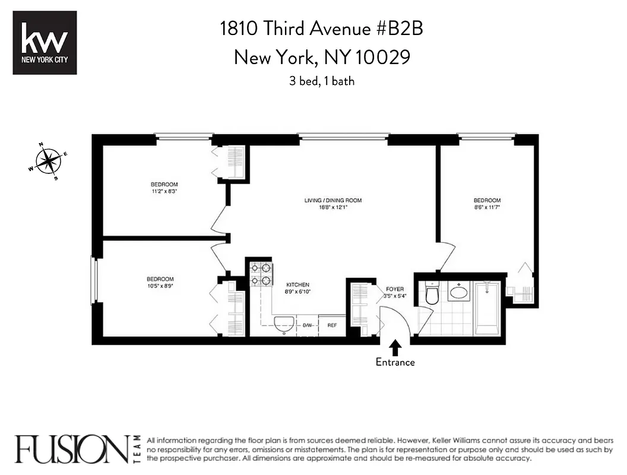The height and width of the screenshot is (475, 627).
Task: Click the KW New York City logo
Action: click(x=45, y=42)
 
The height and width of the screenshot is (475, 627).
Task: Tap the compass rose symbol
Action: click(x=48, y=160)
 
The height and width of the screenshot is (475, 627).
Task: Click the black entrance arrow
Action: click(x=395, y=347)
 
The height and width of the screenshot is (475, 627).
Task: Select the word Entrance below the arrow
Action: click(x=395, y=362)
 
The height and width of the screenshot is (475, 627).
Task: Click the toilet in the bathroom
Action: click(x=432, y=293)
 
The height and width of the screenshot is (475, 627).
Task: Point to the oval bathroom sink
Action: click(x=458, y=292)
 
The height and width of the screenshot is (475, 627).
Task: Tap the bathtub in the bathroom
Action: click(x=487, y=309)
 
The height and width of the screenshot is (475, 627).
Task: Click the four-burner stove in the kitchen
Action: click(x=260, y=274)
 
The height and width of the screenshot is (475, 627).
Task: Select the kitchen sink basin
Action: click(x=284, y=323)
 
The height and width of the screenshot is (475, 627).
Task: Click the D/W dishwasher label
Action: click(x=308, y=325)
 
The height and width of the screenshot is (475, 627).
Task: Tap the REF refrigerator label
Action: click(x=332, y=325)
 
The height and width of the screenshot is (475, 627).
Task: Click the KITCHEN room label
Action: click(x=297, y=285)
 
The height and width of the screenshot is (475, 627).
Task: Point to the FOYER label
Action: click(x=394, y=289)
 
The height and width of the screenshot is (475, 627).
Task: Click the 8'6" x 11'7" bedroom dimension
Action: click(x=487, y=207)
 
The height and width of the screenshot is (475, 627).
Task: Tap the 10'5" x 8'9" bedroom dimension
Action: click(x=160, y=286)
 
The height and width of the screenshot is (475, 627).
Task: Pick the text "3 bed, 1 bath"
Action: click(x=322, y=81)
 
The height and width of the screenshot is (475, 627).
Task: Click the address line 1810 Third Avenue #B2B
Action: click(x=321, y=28)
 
